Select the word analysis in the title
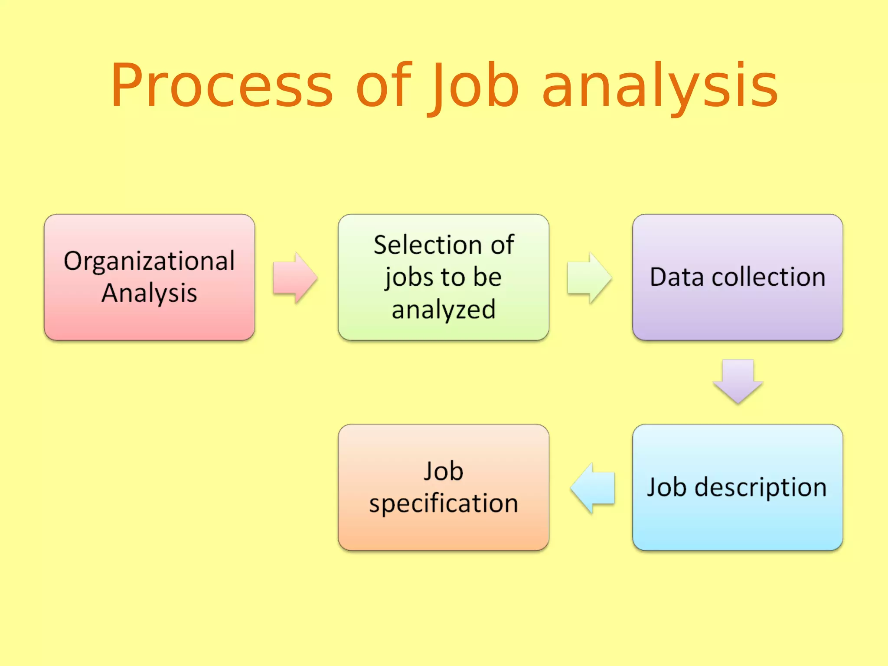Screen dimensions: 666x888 [660, 85]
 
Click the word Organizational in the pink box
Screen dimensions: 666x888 [149, 261]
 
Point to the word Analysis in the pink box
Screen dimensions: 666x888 [149, 293]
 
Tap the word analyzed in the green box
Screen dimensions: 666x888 [444, 310]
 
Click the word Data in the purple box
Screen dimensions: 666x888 [677, 277]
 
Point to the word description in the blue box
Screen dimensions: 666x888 [761, 487]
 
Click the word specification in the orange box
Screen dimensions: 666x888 [444, 504]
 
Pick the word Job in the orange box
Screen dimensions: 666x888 [444, 471]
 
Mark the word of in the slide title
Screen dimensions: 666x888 [383, 85]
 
